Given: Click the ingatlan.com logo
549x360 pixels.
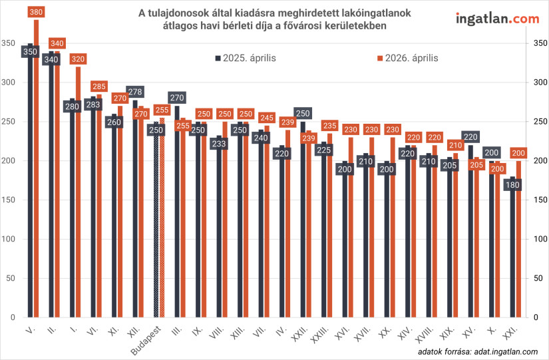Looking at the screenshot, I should click(x=496, y=19).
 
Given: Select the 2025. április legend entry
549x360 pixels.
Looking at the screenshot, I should click(x=246, y=58).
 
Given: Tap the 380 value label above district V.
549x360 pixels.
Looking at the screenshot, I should click(x=37, y=11).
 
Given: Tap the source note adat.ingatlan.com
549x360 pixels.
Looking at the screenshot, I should click(x=478, y=351).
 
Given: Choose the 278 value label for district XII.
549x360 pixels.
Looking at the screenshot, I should click(x=135, y=92).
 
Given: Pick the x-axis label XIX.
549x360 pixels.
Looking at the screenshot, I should click(x=447, y=333).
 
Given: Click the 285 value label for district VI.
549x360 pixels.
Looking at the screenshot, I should click(x=99, y=87).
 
